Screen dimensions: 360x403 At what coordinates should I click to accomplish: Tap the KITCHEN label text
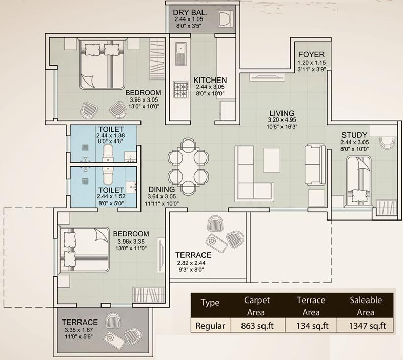pyautogui.click(x=210, y=80)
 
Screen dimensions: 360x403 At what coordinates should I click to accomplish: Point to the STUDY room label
pyautogui.click(x=354, y=136)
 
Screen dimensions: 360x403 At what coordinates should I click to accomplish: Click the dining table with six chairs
pyautogui.click(x=189, y=167)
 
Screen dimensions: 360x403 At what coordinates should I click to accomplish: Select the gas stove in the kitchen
pyautogui.click(x=180, y=90)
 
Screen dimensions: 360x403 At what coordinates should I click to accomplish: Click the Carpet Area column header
pyautogui.click(x=256, y=306)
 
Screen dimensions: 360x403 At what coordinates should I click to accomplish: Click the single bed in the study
pyautogui.click(x=359, y=182)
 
